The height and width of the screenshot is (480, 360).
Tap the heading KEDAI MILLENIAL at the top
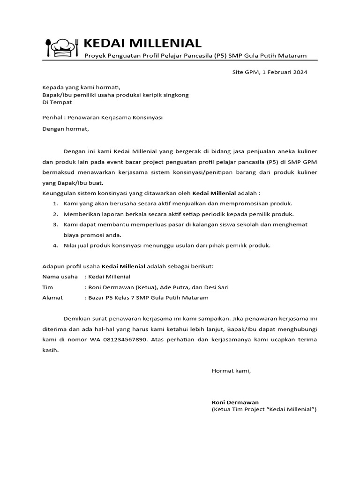click(x=142, y=44)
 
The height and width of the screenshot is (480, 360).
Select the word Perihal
click(x=52, y=118)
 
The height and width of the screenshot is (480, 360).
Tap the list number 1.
click(x=55, y=203)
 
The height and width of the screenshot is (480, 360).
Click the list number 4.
click(x=55, y=245)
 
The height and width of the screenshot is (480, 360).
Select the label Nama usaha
click(x=60, y=277)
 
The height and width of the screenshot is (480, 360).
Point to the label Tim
click(x=47, y=287)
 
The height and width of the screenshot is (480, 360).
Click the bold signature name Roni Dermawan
click(x=235, y=402)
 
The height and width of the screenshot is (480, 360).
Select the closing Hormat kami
click(x=231, y=371)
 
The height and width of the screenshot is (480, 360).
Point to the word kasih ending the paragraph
click(x=50, y=350)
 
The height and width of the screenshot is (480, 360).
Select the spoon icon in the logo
click(x=48, y=47)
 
